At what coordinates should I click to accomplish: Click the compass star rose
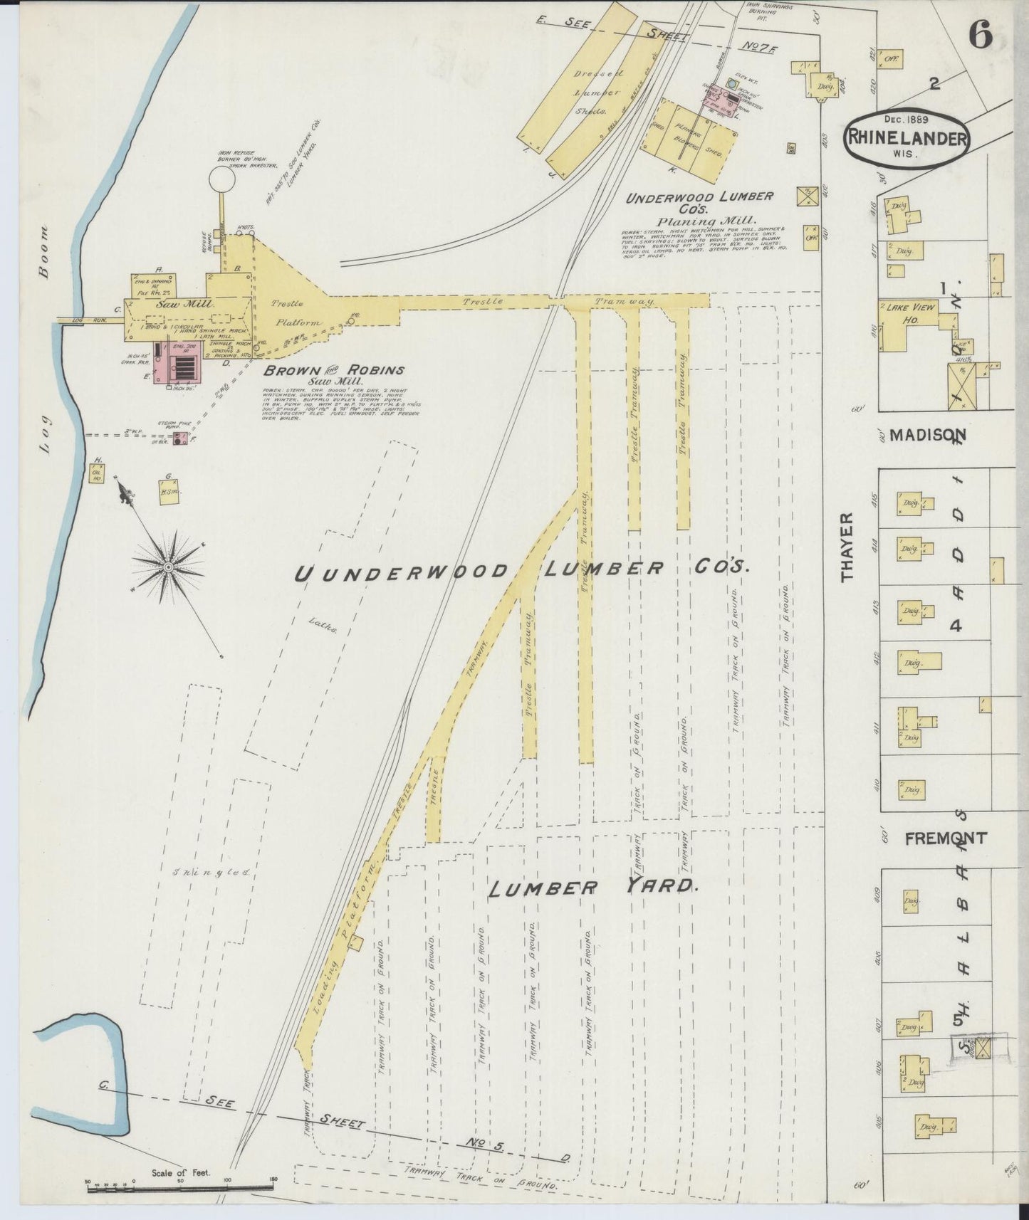(168, 567)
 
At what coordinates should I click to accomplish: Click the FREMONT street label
(945, 838)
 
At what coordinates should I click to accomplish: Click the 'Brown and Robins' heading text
(333, 370)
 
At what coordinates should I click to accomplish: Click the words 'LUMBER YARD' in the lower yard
(591, 887)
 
